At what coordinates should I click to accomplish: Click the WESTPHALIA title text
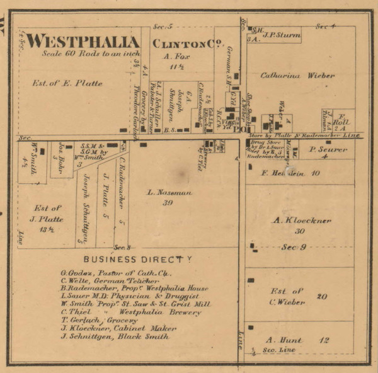[x=82, y=42]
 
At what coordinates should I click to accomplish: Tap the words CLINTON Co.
[x=181, y=43]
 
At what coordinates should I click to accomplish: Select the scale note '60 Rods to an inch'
[x=82, y=54]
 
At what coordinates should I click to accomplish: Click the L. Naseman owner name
[x=169, y=192]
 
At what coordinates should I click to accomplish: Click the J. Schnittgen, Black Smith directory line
[x=115, y=336]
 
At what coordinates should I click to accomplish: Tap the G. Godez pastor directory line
[x=116, y=272]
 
